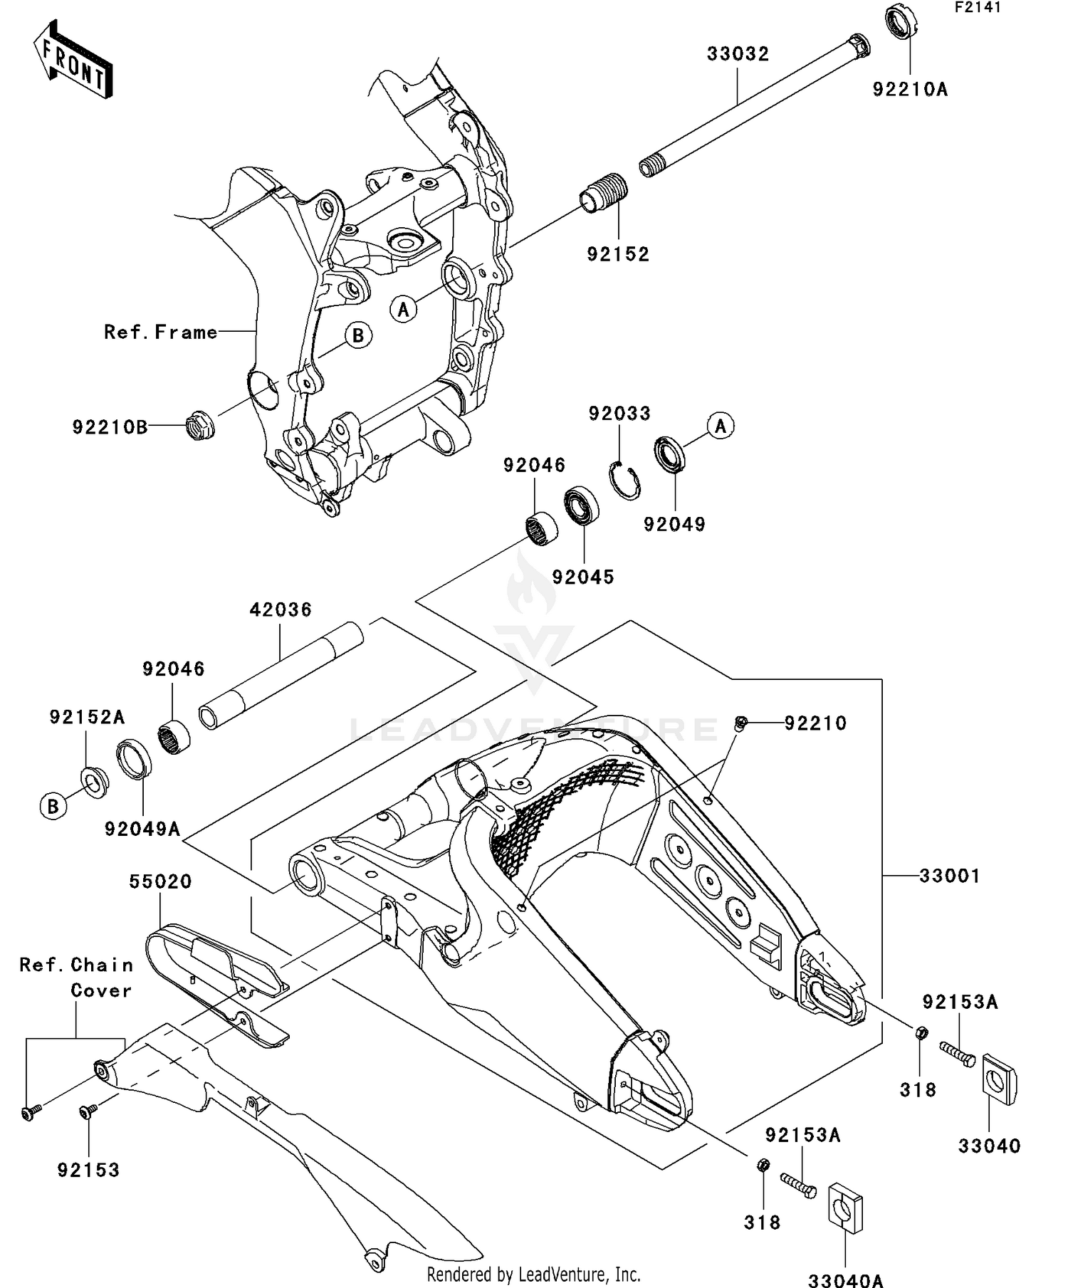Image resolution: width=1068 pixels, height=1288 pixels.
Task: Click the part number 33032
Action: click(738, 54)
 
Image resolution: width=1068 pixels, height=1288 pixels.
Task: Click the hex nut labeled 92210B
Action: click(200, 425)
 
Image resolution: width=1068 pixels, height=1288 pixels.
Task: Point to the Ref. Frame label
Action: click(160, 332)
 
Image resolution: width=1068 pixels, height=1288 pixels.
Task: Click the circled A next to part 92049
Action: click(721, 426)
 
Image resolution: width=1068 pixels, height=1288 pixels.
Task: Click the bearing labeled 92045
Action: click(582, 507)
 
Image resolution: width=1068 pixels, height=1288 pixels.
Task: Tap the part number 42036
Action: click(281, 609)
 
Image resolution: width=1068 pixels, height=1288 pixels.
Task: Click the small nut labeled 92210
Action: click(740, 723)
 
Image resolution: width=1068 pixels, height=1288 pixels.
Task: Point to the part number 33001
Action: click(949, 875)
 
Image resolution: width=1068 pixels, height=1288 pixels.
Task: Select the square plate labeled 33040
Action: click(1000, 1079)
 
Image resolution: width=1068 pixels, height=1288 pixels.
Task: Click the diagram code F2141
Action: click(978, 8)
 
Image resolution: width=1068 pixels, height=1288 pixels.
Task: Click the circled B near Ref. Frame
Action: click(358, 335)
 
